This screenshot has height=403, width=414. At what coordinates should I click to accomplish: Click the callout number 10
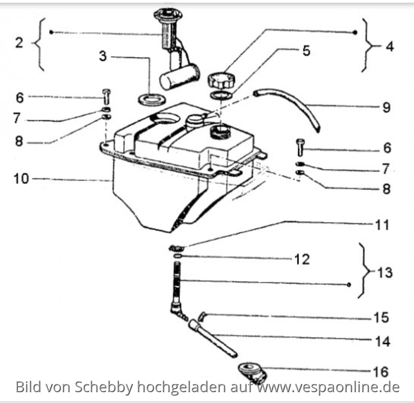point(21,179)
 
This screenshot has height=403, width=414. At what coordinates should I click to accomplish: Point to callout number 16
point(380,371)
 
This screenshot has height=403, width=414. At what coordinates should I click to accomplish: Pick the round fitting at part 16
point(251,372)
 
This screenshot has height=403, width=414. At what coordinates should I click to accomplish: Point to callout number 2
point(19,43)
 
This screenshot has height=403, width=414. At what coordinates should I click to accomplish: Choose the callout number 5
point(306,51)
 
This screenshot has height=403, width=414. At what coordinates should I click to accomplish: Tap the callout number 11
point(382,225)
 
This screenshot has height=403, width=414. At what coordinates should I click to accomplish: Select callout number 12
point(302,260)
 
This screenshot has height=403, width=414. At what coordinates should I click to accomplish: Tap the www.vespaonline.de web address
point(328,387)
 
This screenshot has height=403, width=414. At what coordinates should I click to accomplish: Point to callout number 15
point(381,318)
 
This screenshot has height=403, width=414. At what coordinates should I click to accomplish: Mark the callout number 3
point(103,56)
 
